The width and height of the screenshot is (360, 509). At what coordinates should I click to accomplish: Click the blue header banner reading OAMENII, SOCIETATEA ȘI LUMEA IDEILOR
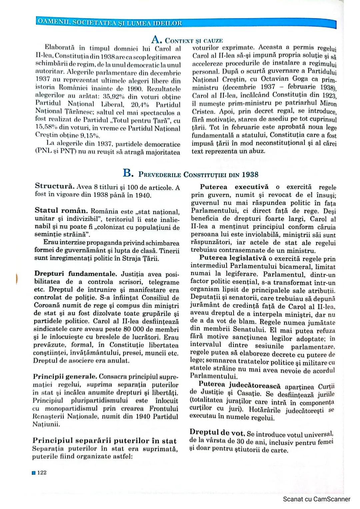click(x=110, y=23)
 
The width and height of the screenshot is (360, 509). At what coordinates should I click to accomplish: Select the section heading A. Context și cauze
click(x=187, y=40)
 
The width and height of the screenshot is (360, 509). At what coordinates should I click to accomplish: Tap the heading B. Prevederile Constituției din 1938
click(x=190, y=174)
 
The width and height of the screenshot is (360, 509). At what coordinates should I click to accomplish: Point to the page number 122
click(x=42, y=472)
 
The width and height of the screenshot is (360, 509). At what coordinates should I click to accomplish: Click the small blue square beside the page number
click(x=34, y=473)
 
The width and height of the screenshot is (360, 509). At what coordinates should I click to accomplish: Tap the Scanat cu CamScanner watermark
click(x=316, y=499)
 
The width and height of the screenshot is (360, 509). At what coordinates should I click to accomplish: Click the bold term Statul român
click(x=61, y=211)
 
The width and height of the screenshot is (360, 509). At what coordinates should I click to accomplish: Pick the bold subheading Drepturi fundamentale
click(x=75, y=274)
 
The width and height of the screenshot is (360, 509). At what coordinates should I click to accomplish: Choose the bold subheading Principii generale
click(x=65, y=376)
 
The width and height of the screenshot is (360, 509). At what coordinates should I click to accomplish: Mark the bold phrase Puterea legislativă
click(x=233, y=258)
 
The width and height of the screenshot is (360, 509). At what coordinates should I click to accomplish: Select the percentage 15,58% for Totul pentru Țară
click(x=45, y=127)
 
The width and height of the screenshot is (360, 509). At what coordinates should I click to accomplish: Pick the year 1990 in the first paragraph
click(x=135, y=89)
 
